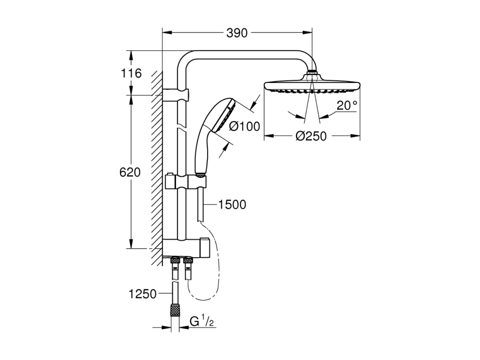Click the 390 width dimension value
click(237, 33)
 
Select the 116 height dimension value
click(132, 73)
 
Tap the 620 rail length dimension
click(130, 173)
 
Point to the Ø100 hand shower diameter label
click(244, 126)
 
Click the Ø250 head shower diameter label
click(311, 136)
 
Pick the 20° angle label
click(347, 105)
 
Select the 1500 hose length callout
click(232, 205)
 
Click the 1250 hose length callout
click(142, 294)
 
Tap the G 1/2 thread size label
click(202, 322)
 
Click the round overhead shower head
click(312, 86)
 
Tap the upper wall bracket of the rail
click(176, 95)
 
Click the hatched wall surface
click(157, 168)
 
